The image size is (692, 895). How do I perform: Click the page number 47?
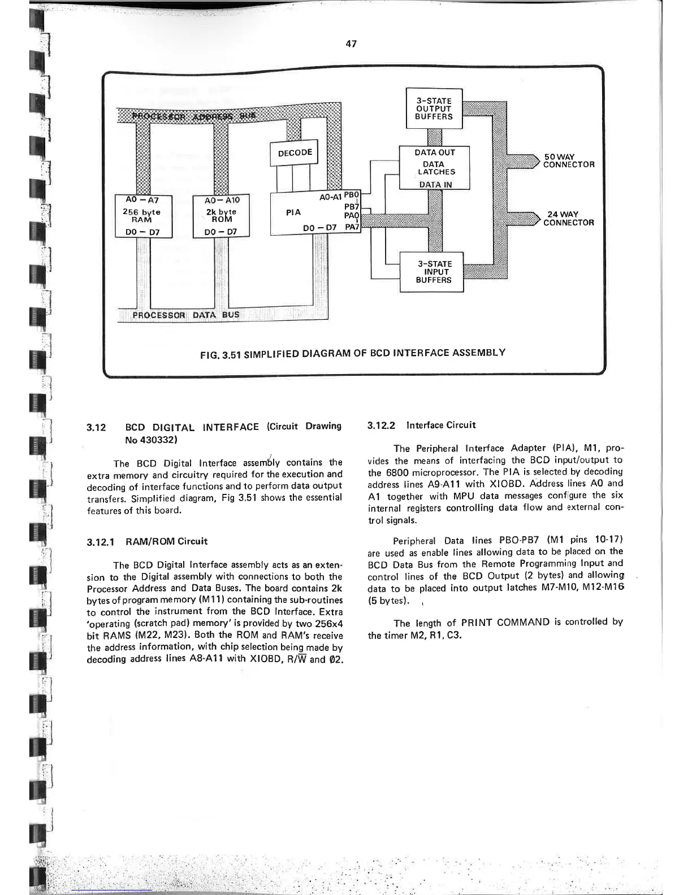[351, 44]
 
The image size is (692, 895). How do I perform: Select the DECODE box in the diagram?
[295, 153]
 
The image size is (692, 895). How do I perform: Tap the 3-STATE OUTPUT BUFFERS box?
[434, 108]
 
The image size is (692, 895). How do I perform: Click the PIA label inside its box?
[293, 212]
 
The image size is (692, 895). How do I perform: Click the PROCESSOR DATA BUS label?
[185, 315]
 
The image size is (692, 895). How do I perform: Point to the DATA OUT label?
[434, 153]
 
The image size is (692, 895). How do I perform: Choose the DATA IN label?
[435, 184]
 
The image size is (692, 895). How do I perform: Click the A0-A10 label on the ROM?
[222, 200]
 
